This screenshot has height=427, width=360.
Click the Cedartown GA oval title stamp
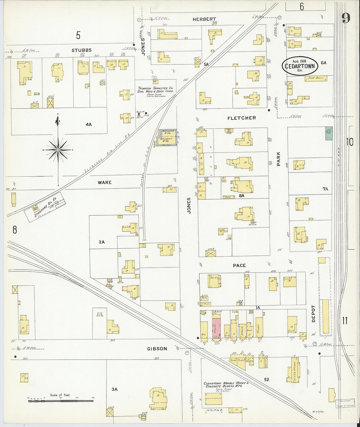coord(300,66)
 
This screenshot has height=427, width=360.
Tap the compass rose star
coord(58,150)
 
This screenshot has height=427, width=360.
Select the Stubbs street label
coord(81,50)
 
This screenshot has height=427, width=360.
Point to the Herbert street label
coord(204,19)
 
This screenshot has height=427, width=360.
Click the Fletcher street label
coord(242,118)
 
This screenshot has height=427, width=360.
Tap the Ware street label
coord(104,182)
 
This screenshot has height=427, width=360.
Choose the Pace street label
coord(239,265)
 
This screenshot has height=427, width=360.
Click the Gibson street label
coord(157,349)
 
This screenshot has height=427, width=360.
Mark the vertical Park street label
coord(279,158)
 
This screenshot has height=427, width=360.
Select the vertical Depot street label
coord(313,314)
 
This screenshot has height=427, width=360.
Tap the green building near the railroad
coord(329,134)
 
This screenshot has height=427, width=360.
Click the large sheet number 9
coord(346,18)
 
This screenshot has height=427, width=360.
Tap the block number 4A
coord(89,124)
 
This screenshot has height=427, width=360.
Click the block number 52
coord(267,380)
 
